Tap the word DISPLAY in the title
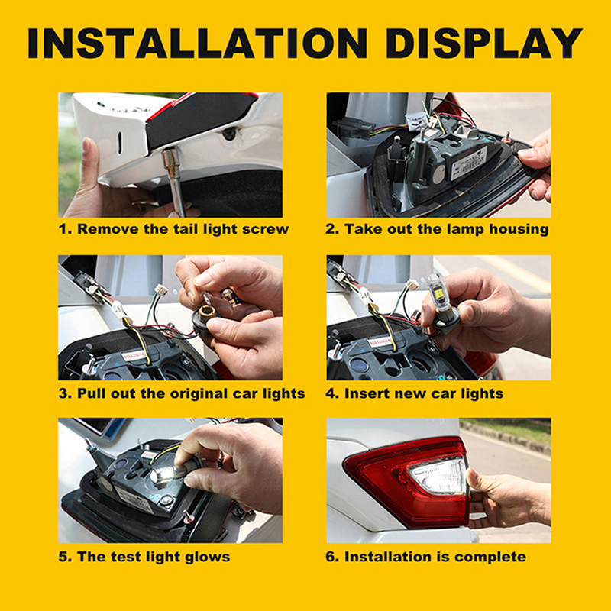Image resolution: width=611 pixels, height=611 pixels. click(484, 44)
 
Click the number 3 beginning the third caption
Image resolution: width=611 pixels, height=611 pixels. click(63, 393)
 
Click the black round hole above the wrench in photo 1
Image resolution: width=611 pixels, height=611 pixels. click(228, 134)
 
